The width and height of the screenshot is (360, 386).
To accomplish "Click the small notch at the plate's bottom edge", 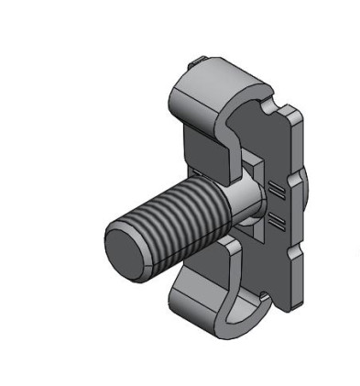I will pos(264,296).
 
